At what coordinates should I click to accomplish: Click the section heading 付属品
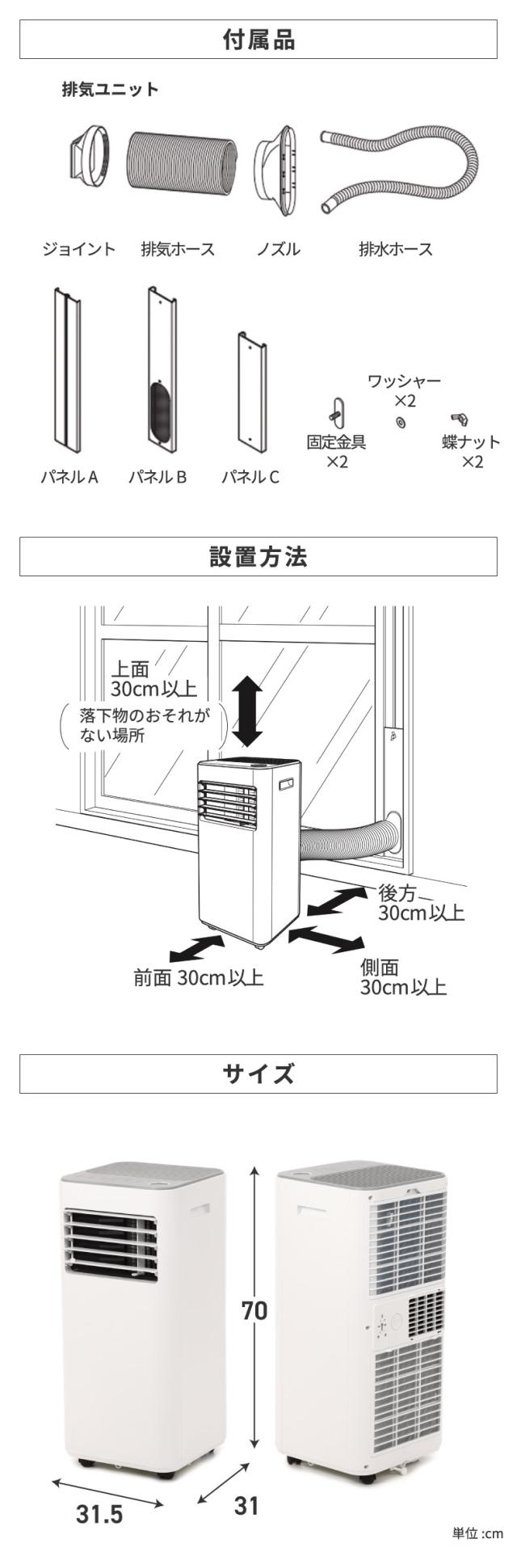[258, 40]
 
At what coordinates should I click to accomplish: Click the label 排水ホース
[396, 249]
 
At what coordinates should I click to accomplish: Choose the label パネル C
[250, 477]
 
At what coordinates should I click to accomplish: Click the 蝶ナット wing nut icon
[459, 419]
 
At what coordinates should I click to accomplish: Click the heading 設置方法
[258, 557]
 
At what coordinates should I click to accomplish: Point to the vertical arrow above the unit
[248, 711]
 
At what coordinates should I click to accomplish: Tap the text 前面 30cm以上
[199, 977]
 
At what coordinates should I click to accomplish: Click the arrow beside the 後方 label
[332, 900]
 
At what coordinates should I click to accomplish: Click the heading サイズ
[258, 1074]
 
